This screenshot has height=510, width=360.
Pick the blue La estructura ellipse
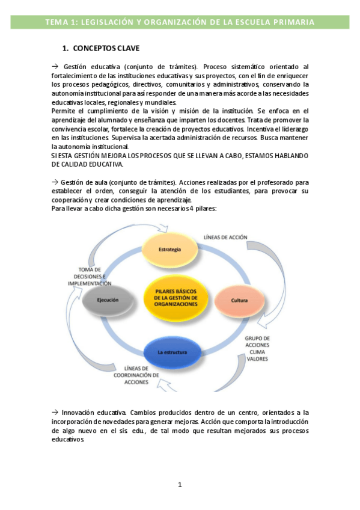point(172,352)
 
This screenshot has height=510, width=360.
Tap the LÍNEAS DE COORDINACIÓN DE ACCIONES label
point(136,375)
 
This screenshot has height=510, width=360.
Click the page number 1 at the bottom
point(180,485)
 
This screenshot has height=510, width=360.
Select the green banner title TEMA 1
point(180,23)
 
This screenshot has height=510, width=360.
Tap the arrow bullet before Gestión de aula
point(55,182)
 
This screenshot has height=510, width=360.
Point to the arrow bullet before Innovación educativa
point(55,412)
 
